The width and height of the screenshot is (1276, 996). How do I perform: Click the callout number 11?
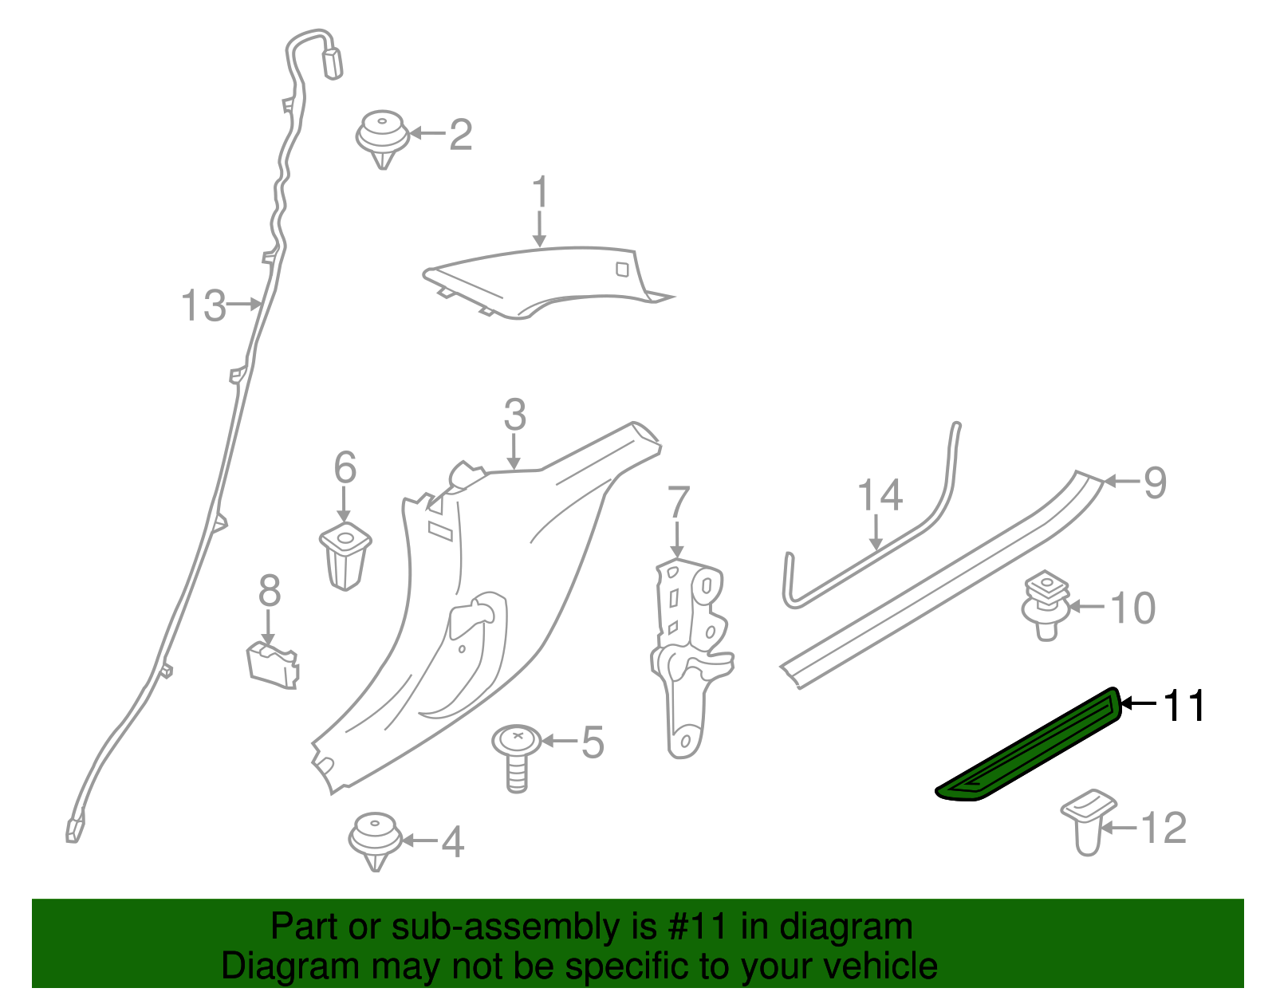(x=1185, y=707)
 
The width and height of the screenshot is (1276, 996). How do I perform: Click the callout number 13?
(x=204, y=306)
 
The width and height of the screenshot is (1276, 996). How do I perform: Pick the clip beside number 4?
(x=374, y=840)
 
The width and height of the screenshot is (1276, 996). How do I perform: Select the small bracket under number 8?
(x=273, y=663)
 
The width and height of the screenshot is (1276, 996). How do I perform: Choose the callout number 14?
(x=880, y=495)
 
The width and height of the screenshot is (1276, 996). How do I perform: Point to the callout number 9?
(x=1155, y=482)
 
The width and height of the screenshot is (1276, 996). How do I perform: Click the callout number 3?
(x=515, y=415)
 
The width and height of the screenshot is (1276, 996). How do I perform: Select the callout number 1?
(x=541, y=193)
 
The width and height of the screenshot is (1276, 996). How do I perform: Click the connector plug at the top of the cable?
(x=332, y=63)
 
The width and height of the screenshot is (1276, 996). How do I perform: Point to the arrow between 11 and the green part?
(x=1139, y=703)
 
